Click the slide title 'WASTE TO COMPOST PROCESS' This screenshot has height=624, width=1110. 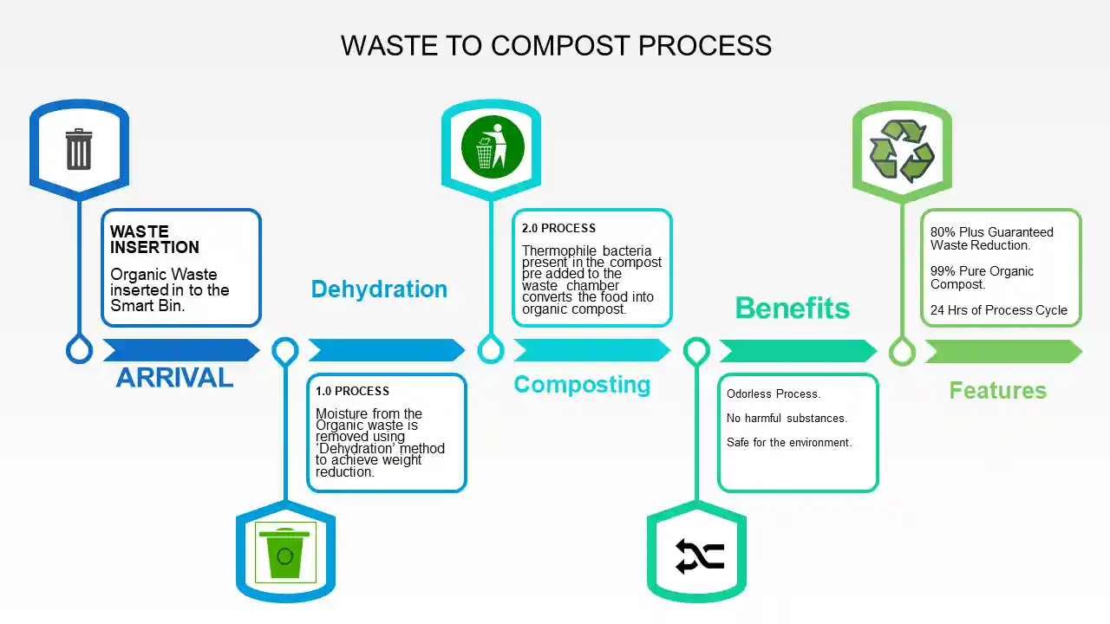click(556, 45)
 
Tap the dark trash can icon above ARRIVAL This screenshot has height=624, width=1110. click(79, 149)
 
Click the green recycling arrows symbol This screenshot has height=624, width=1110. click(902, 151)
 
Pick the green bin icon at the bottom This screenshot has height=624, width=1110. click(285, 553)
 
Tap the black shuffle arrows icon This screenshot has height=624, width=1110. click(699, 556)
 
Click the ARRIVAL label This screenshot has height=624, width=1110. click(174, 378)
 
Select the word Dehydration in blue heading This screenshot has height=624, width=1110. click(379, 289)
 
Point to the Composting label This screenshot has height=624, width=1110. click(582, 385)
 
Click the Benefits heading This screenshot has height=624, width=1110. click(792, 308)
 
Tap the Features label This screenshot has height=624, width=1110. click(997, 391)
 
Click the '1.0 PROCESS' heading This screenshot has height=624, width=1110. click(352, 391)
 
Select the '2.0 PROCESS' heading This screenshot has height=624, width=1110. click(558, 229)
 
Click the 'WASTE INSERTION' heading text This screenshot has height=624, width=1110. click(154, 239)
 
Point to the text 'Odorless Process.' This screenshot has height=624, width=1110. click(774, 394)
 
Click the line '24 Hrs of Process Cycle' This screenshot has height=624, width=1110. click(998, 310)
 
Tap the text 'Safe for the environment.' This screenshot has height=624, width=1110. click(789, 443)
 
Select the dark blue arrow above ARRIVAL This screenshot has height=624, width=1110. click(180, 350)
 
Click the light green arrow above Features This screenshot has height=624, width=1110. click(1002, 351)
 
